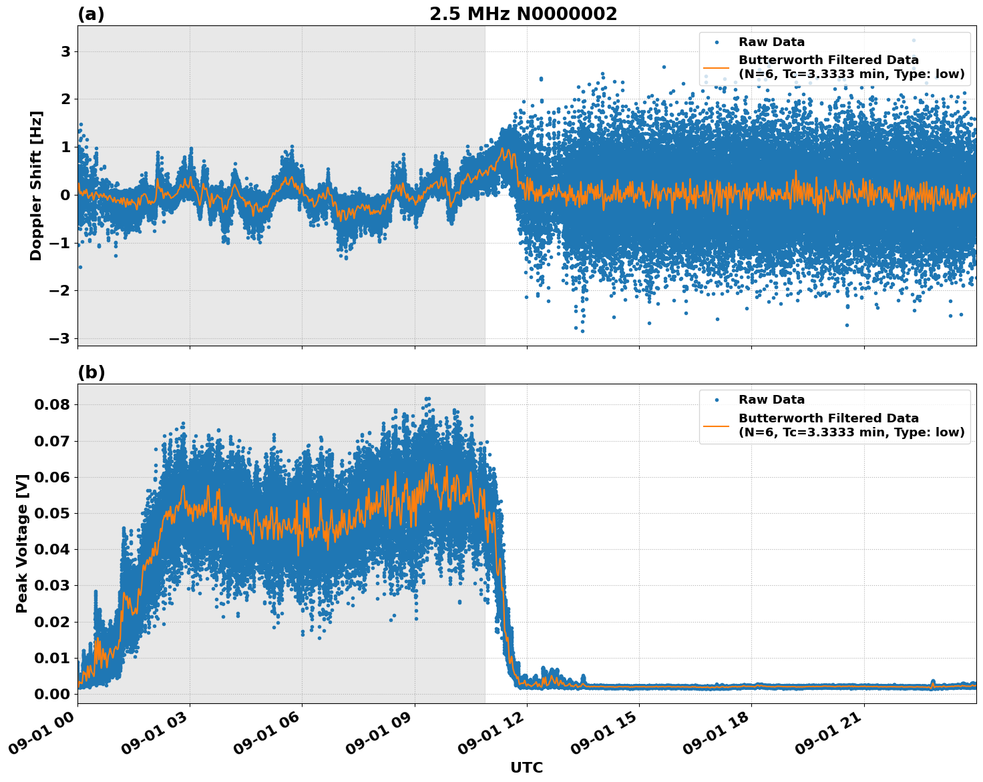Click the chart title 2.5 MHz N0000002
523,14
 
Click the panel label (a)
91,14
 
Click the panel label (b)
91,372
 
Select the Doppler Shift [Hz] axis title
36,185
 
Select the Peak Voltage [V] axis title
22,543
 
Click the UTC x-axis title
526,767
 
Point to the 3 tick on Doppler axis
65,51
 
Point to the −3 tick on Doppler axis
59,338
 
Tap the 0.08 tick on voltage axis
52,405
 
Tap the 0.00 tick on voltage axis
52,694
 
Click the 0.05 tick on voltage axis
52,514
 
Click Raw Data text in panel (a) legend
771,42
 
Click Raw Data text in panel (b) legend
771,400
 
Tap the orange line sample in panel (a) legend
717,67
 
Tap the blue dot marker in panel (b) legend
717,400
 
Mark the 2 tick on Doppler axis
65,99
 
